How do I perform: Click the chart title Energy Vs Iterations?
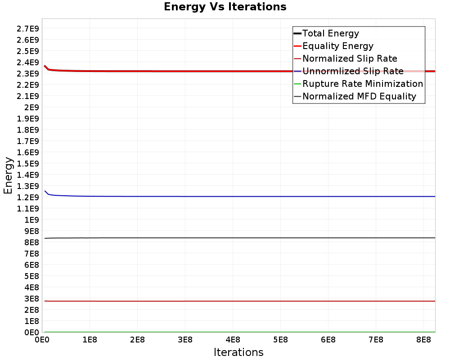click(x=225, y=7)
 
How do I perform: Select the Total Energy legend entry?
click(x=331, y=33)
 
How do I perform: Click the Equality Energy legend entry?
click(x=338, y=46)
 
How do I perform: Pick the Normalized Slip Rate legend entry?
click(x=350, y=58)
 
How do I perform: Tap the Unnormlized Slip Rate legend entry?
click(x=353, y=71)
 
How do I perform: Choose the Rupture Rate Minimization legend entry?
click(x=363, y=84)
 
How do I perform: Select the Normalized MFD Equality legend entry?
click(x=359, y=96)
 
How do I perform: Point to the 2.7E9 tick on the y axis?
click(x=28, y=28)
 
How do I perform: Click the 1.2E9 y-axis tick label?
click(x=28, y=197)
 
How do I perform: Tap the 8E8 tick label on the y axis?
click(x=31, y=242)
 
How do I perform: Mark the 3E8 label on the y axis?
click(x=31, y=298)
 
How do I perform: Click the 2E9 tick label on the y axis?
click(x=31, y=107)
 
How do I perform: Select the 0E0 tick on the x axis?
click(x=42, y=340)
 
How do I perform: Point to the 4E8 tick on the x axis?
click(x=233, y=340)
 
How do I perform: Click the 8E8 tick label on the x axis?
click(x=423, y=340)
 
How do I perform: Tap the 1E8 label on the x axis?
click(x=90, y=340)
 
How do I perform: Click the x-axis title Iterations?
click(x=238, y=352)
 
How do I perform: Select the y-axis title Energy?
click(x=8, y=175)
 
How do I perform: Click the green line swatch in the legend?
click(x=297, y=84)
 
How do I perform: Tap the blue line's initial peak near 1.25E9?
click(x=45, y=191)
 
